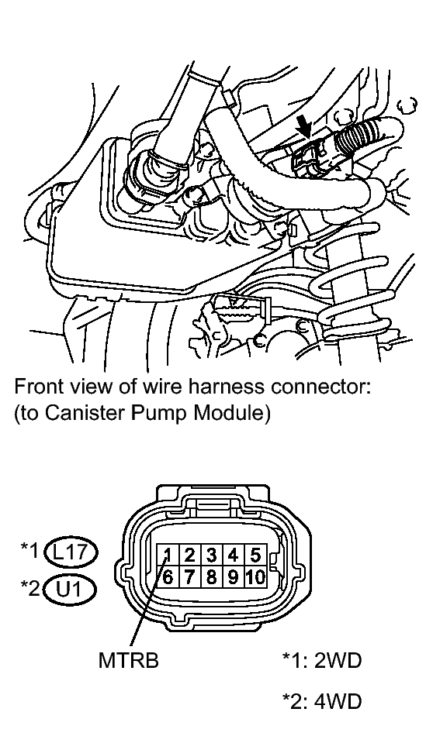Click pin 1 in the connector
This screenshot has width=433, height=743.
pyautogui.click(x=168, y=555)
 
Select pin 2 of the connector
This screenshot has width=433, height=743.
pyautogui.click(x=189, y=555)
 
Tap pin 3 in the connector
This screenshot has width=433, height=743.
pyautogui.click(x=211, y=555)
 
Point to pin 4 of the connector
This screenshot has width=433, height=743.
pyautogui.click(x=233, y=555)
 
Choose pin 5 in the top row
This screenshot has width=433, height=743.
pyautogui.click(x=255, y=555)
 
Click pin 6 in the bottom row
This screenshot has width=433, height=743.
pyautogui.click(x=168, y=576)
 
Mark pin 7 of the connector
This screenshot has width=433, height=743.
pyautogui.click(x=189, y=576)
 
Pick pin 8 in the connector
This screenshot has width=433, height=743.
pyautogui.click(x=211, y=576)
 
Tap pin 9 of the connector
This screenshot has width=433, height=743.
pyautogui.click(x=233, y=576)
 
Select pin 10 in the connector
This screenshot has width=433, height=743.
pyautogui.click(x=255, y=576)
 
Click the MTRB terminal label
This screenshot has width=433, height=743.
pyautogui.click(x=128, y=659)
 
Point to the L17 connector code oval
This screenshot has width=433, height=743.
pyautogui.click(x=71, y=552)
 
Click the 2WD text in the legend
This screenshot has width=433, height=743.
pyautogui.click(x=338, y=659)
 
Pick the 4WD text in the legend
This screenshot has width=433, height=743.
pyautogui.click(x=338, y=701)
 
